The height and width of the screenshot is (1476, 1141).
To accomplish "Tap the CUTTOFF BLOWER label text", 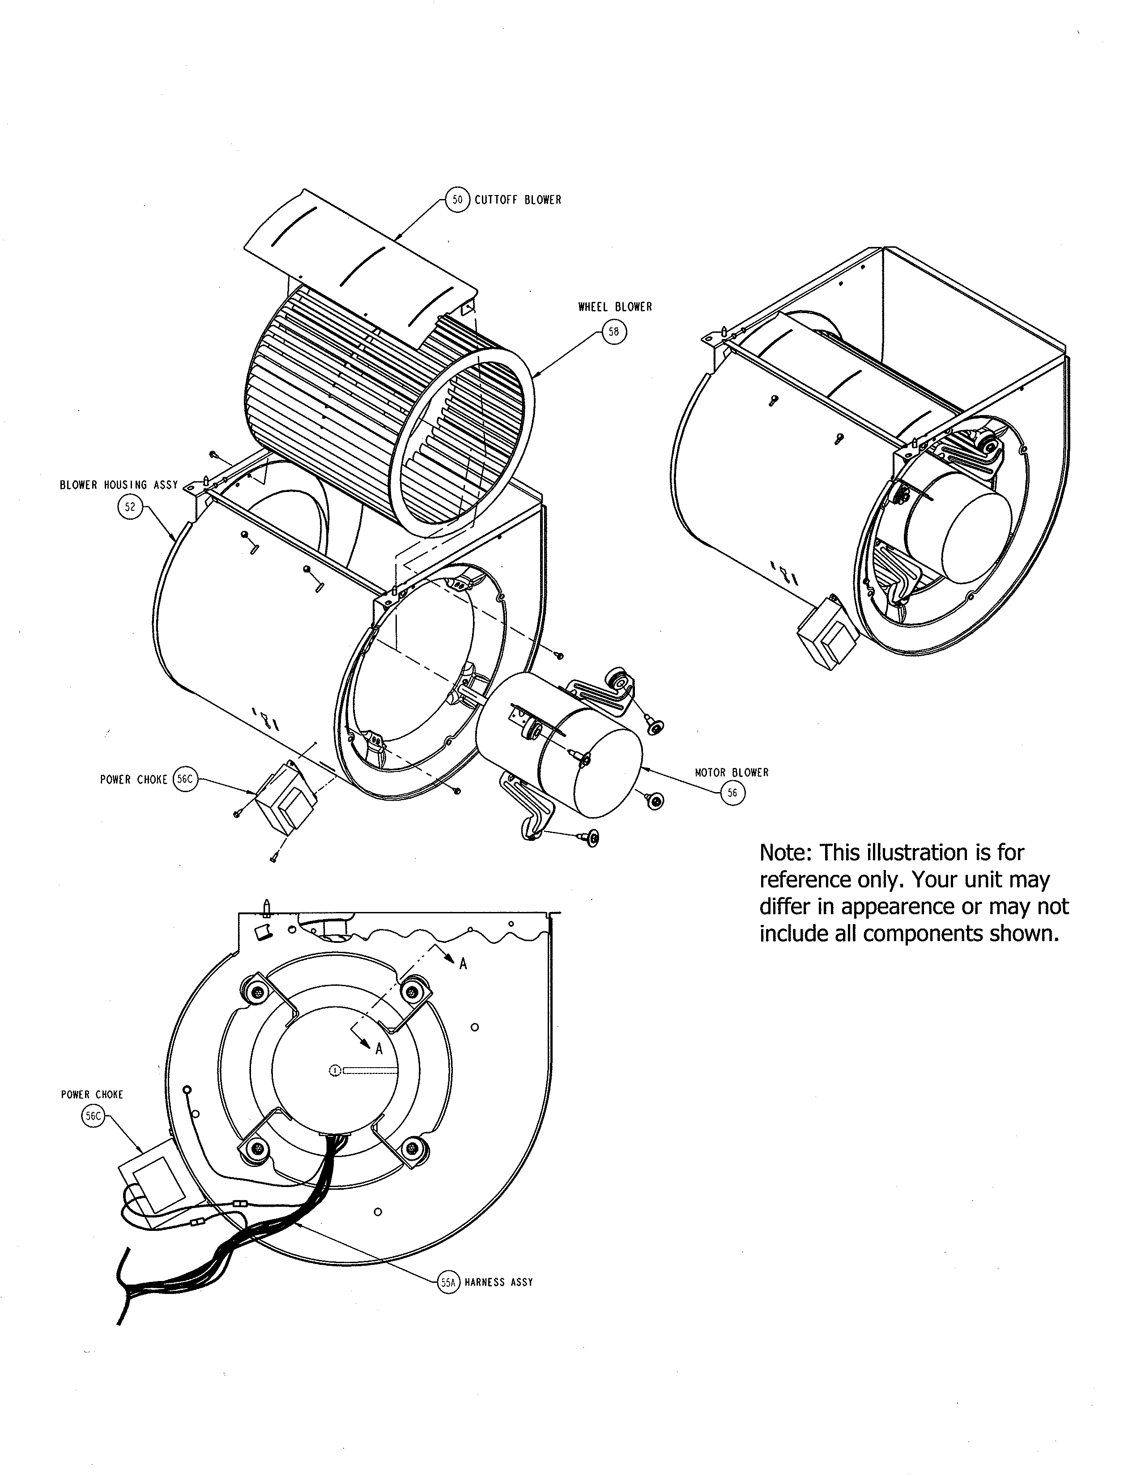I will pos(518,200).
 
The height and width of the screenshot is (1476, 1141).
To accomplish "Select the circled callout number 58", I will pos(614,332).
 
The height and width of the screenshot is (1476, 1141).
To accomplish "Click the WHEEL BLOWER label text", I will pos(614,307).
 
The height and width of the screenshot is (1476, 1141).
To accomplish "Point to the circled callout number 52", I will pos(131,507).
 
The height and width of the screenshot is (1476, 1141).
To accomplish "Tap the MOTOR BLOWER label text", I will pos(732,772).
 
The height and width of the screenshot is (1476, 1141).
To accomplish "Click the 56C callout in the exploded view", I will pos(184,779).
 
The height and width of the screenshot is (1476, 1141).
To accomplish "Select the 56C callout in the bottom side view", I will pos(93,1116).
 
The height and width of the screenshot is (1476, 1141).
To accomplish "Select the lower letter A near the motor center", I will pos(379,1049).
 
